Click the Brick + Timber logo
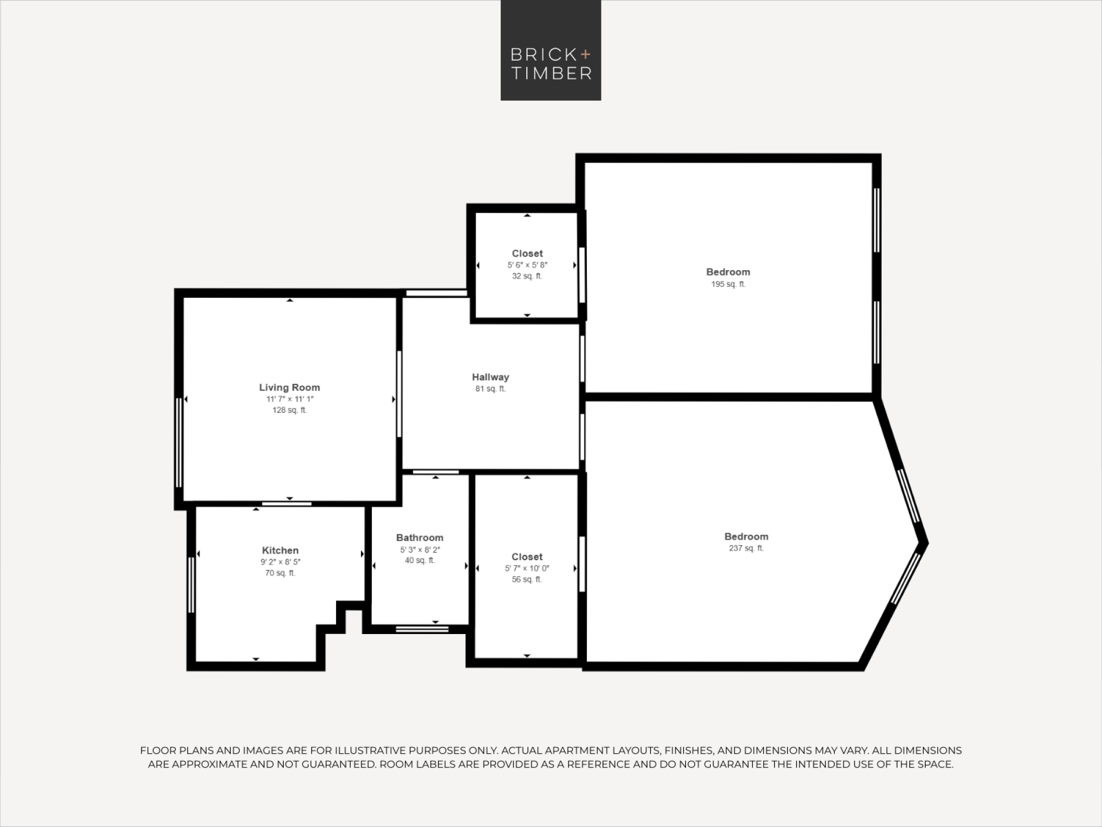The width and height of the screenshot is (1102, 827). pos(550,50)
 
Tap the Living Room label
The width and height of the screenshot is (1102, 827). pos(289,388)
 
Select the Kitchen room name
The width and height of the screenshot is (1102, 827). pos(280,550)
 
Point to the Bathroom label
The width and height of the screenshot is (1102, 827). pos(420,538)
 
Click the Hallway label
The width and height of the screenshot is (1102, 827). pos(490,377)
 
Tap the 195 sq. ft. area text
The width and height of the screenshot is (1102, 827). pos(728,284)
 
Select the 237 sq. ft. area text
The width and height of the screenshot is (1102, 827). pos(746,548)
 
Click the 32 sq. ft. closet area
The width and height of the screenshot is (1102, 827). pos(527,276)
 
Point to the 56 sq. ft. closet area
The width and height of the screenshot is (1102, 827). pos(527,579)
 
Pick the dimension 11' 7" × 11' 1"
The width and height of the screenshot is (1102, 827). pos(290,399)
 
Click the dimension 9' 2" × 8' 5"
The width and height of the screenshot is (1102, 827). pos(280,562)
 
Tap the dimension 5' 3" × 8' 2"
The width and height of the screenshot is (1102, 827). pos(420,550)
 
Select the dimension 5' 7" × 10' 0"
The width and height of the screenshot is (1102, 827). pos(527,568)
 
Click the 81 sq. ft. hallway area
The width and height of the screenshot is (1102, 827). pos(490,389)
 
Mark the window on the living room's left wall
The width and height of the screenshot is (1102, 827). pos(179,443)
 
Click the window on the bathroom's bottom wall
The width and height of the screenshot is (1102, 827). pos(422,629)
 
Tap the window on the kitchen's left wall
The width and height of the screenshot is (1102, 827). pos(191,585)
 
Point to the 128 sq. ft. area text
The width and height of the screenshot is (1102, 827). pos(290,410)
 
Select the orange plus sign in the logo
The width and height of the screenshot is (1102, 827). pos(585,54)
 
